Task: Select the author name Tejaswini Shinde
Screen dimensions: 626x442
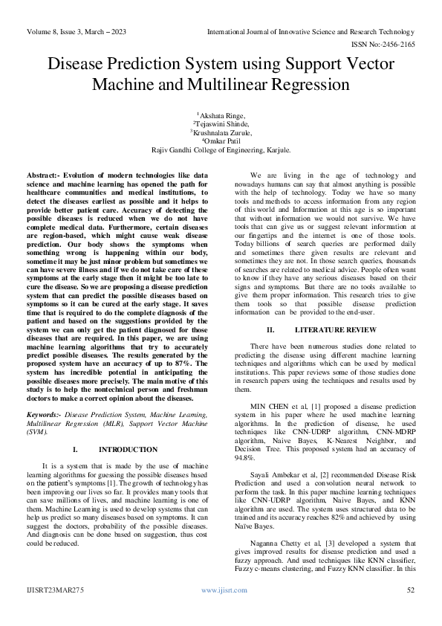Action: click(x=221, y=123)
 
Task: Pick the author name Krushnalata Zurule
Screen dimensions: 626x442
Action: click(x=221, y=132)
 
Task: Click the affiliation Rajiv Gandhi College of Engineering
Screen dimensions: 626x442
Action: click(x=221, y=149)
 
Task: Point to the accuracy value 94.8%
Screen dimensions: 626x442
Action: click(x=245, y=459)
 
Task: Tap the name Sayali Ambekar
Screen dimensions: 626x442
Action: click(x=276, y=475)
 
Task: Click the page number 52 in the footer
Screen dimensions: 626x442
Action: click(x=411, y=590)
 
